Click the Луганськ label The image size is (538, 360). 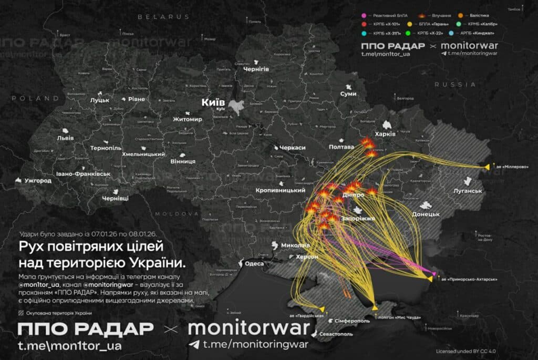point(468,191)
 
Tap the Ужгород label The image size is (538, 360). point(38,181)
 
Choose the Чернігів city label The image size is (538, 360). point(256,69)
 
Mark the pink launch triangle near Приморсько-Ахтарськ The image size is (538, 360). point(434,274)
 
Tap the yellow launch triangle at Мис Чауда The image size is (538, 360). point(374,307)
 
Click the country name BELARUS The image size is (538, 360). point(163,17)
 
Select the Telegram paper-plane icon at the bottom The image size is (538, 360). point(195,344)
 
